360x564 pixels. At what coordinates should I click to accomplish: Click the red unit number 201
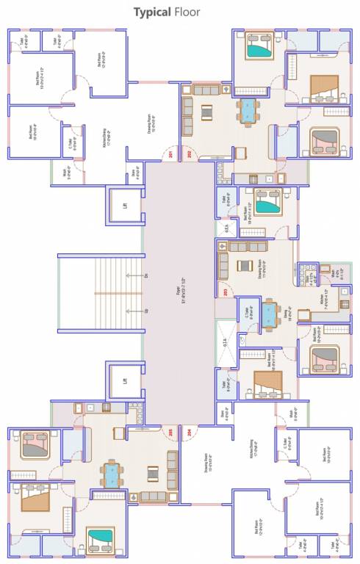point(170,155)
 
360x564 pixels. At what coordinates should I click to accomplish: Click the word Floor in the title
point(184,12)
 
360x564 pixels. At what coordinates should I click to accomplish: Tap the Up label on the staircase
point(146,311)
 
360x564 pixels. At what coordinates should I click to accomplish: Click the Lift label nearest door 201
point(126,206)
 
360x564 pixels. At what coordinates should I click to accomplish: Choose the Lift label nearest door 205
point(126,381)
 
